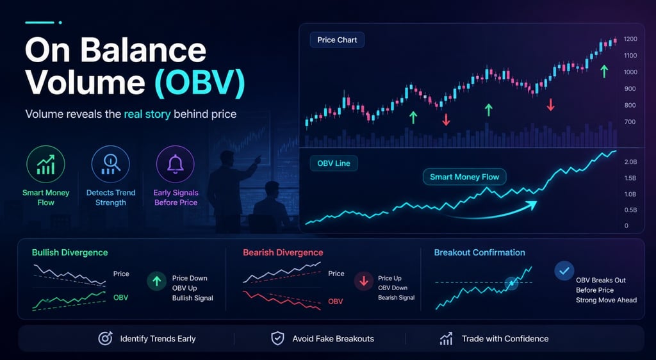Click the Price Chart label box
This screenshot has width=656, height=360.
pyautogui.click(x=337, y=40)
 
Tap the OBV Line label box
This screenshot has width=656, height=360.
pyautogui.click(x=333, y=163)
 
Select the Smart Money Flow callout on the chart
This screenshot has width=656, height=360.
pyautogui.click(x=464, y=177)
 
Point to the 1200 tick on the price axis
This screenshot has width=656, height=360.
pyautogui.click(x=630, y=39)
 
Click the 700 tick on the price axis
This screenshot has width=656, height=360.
pyautogui.click(x=630, y=122)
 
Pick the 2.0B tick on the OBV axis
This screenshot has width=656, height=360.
pyautogui.click(x=630, y=162)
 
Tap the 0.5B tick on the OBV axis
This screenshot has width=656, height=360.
pyautogui.click(x=630, y=210)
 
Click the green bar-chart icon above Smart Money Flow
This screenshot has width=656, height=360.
pyautogui.click(x=45, y=165)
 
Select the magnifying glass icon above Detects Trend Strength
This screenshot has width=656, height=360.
pyautogui.click(x=110, y=165)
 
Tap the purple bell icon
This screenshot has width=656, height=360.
pyautogui.click(x=176, y=165)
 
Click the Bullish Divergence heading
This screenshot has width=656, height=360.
pyautogui.click(x=70, y=252)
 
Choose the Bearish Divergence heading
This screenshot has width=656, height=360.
pyautogui.click(x=283, y=252)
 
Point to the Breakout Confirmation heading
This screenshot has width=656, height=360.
pyautogui.click(x=479, y=252)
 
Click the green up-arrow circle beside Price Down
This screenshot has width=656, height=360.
pyautogui.click(x=156, y=281)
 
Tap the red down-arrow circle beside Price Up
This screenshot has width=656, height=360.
pyautogui.click(x=364, y=281)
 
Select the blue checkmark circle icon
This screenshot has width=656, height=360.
pyautogui.click(x=564, y=270)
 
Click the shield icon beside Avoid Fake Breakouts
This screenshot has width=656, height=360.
pyautogui.click(x=277, y=339)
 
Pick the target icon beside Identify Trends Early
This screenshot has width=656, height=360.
pyautogui.click(x=105, y=339)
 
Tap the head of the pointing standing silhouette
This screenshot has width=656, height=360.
pyautogui.click(x=227, y=158)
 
